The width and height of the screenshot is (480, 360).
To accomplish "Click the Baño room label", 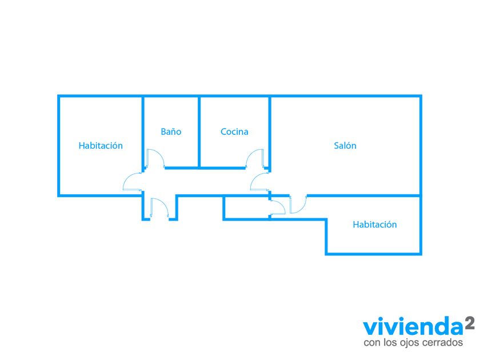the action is pyautogui.click(x=171, y=132).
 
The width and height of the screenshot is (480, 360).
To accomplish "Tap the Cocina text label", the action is pyautogui.click(x=234, y=132).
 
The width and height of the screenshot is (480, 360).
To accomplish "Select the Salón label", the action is pyautogui.click(x=345, y=146).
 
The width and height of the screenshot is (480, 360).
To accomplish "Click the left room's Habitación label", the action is pyautogui.click(x=101, y=146).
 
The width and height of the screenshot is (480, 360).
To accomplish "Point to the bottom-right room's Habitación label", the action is pyautogui.click(x=374, y=225).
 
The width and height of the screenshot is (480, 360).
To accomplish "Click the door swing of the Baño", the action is pyautogui.click(x=155, y=158).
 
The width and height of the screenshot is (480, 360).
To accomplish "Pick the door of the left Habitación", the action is pyautogui.click(x=133, y=182).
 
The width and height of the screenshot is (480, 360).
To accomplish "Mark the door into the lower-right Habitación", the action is pyautogui.click(x=298, y=204).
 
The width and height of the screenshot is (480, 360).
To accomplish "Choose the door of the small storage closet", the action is pyautogui.click(x=277, y=207).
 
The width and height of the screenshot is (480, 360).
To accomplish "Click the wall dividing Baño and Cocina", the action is pyautogui.click(x=198, y=131).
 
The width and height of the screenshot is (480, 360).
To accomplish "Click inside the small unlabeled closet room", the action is pyautogui.click(x=246, y=208).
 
